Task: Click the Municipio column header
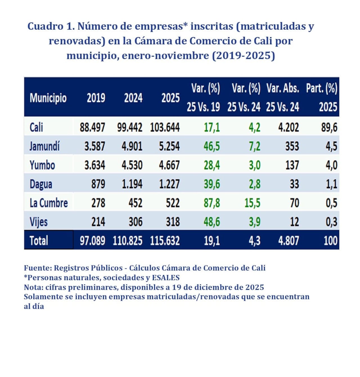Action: pyautogui.click(x=48, y=98)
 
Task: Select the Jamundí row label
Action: pyautogui.click(x=44, y=146)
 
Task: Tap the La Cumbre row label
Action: pyautogui.click(x=49, y=203)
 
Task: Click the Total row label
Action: pyautogui.click(x=39, y=240)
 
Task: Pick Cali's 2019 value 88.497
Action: pyautogui.click(x=92, y=127)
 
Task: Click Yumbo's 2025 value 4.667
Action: pyautogui.click(x=169, y=165)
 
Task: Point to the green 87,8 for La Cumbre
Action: pyautogui.click(x=212, y=203)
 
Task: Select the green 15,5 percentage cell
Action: pyautogui.click(x=252, y=203)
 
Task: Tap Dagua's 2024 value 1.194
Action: pyautogui.click(x=132, y=184)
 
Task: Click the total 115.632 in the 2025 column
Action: pyautogui.click(x=165, y=240)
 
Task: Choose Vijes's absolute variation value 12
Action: pyautogui.click(x=294, y=222)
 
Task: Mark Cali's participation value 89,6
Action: pyautogui.click(x=329, y=127)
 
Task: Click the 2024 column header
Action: pyautogui.click(x=133, y=98)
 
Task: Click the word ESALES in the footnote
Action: pyautogui.click(x=166, y=278)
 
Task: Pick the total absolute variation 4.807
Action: pyautogui.click(x=289, y=240)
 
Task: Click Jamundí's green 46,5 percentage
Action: pyautogui.click(x=212, y=146)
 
